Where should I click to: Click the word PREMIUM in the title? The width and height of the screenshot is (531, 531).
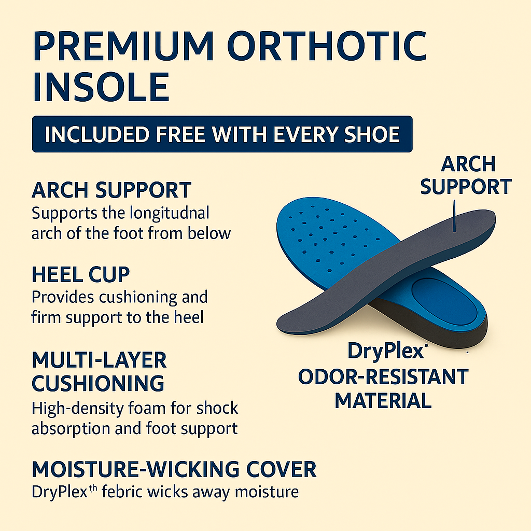point(123,46)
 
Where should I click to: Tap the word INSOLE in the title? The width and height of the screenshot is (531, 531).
point(101,87)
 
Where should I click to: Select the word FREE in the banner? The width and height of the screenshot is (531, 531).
point(181,134)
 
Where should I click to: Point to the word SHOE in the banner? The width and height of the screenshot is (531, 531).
point(372,134)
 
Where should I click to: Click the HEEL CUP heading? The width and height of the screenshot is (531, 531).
point(80,274)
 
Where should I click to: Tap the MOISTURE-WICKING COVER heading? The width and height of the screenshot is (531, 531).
point(174,469)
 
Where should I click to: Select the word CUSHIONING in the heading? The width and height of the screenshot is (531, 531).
point(98,383)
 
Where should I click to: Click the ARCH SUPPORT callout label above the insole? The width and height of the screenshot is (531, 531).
point(466,175)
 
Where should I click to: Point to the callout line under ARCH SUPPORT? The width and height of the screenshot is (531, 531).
point(454,216)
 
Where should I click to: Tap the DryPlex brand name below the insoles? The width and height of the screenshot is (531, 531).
point(386,352)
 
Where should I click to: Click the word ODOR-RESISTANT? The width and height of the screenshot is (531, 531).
point(383,376)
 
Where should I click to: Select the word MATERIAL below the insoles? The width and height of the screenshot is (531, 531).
point(383,401)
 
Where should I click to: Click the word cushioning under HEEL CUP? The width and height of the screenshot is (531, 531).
point(138,298)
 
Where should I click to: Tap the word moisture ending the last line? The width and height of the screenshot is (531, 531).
point(267,492)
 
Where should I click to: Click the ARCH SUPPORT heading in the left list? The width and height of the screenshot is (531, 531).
point(111,190)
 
